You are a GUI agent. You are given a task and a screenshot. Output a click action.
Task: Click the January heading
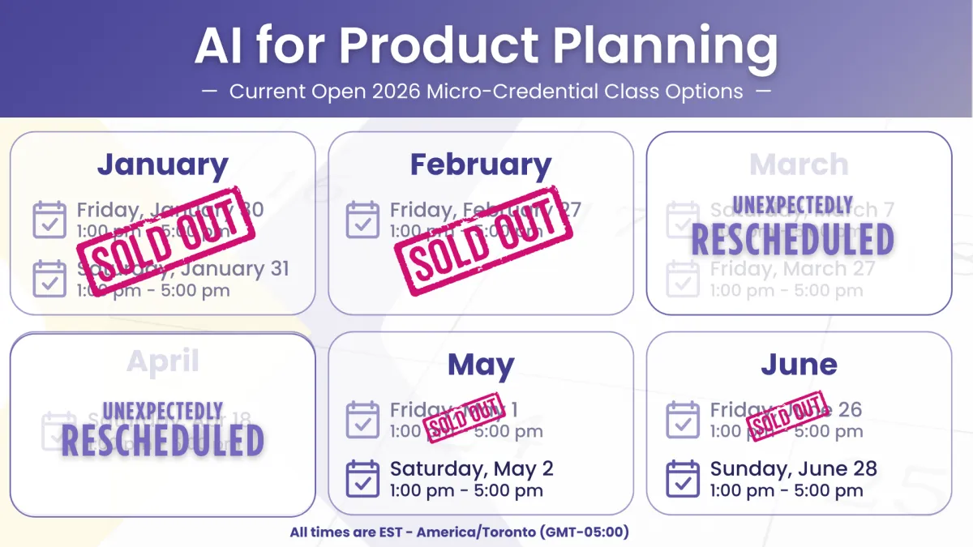(x=162, y=165)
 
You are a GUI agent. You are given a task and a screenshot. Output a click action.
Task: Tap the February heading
(x=480, y=165)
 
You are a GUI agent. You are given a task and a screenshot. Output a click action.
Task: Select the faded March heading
(x=799, y=165)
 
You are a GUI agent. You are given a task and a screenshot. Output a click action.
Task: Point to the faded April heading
(x=162, y=361)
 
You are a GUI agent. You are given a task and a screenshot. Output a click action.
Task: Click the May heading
(x=480, y=365)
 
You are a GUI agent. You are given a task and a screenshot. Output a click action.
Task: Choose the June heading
(x=799, y=365)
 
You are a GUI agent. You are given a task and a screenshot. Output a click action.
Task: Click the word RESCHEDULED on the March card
(x=792, y=240)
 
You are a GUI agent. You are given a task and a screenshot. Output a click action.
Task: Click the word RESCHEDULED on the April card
(x=162, y=440)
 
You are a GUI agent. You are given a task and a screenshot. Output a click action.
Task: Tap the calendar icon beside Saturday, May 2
(x=362, y=478)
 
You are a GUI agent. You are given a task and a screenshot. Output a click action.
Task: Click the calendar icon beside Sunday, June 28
(x=683, y=478)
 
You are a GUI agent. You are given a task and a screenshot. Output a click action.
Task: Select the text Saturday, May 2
(x=471, y=468)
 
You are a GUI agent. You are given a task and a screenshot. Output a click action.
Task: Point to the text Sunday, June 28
(x=793, y=468)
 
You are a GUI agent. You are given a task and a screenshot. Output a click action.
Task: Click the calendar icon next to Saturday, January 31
(x=49, y=278)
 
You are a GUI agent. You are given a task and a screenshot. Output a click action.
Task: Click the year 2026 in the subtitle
(x=391, y=91)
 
